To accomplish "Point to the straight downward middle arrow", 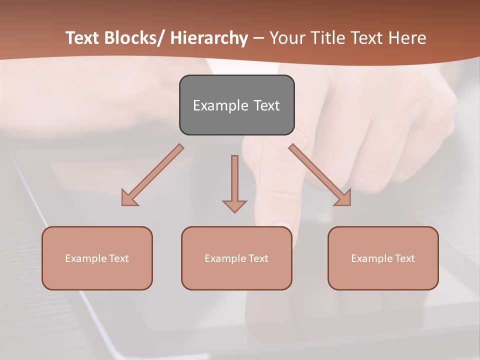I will tap(234, 180).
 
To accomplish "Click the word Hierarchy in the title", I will tap(208, 38).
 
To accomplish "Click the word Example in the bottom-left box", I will tap(85, 258).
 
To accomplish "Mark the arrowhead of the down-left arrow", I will tap(128, 198).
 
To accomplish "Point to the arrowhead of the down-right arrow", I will tap(343, 198).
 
